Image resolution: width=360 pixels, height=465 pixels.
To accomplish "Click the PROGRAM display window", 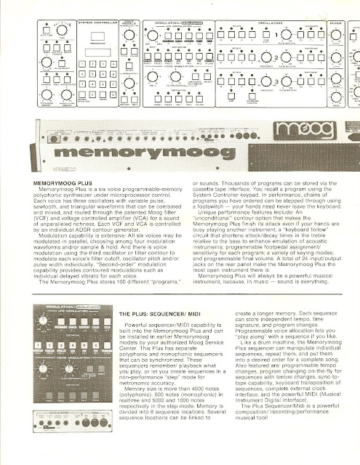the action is pyautogui.click(x=102, y=52).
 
